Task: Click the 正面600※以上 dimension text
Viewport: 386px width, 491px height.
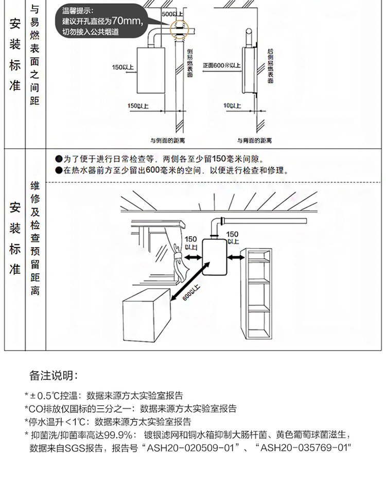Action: tap(221, 66)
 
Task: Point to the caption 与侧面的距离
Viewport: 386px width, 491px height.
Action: tap(168, 140)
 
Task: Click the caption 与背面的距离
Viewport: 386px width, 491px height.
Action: tap(254, 140)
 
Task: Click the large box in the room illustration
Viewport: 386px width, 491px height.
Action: tap(147, 317)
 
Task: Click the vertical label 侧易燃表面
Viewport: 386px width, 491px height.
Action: tap(190, 62)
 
